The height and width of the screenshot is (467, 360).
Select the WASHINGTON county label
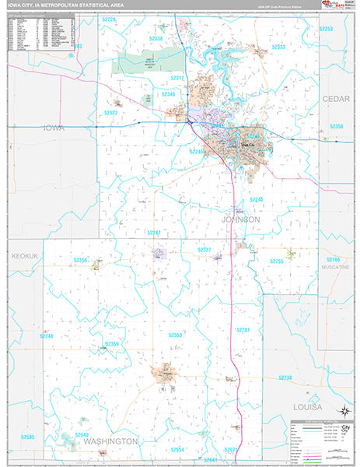point(110,441)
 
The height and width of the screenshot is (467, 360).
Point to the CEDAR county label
point(336,99)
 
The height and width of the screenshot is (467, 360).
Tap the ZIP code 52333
point(278,47)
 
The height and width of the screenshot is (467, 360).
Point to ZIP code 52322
point(110,113)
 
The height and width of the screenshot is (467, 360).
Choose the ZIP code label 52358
point(336,126)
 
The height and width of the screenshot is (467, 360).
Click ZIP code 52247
point(154,232)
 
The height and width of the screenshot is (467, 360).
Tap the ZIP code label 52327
point(204,249)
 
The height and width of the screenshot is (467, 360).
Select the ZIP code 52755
point(278,262)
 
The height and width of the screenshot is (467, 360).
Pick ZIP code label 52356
point(79,261)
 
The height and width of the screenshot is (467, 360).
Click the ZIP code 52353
point(176,335)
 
